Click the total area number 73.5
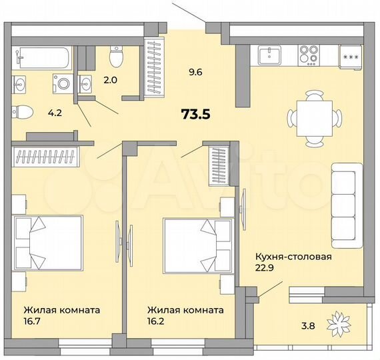[195, 114]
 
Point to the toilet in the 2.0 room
[116, 57]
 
